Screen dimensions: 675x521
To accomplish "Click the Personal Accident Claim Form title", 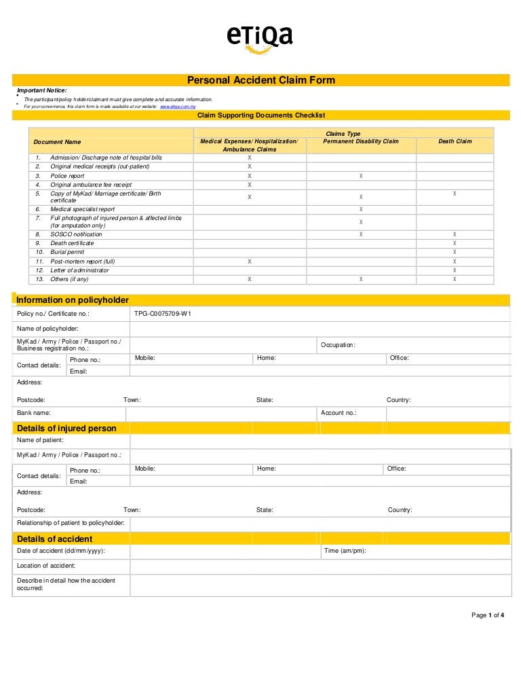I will (x=260, y=80).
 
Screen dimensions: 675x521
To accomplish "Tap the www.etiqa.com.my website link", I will (x=178, y=107).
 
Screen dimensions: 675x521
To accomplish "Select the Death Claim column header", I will (x=455, y=141).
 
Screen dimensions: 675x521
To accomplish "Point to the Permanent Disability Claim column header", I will (x=361, y=141).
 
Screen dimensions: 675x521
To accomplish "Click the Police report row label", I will (x=67, y=176).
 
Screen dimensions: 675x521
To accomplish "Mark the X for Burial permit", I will (x=455, y=252).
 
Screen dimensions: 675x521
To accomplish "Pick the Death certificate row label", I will (x=72, y=243).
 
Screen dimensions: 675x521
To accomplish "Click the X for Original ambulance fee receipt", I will (x=249, y=185).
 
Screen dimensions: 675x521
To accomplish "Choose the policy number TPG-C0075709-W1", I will (x=163, y=314).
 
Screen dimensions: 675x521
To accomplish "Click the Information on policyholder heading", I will (x=72, y=300).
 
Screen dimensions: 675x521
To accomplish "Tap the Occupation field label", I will (x=338, y=345).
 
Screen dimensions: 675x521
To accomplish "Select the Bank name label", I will (x=34, y=413).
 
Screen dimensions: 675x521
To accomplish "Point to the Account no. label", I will (x=339, y=413).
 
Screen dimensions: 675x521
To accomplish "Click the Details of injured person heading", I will (x=66, y=428).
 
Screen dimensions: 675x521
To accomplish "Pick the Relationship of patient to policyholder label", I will (x=71, y=524).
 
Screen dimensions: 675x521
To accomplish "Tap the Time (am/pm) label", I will (x=345, y=551).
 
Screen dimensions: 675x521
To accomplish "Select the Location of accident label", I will (x=46, y=566).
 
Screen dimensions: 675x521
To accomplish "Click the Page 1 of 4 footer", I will (x=488, y=615).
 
